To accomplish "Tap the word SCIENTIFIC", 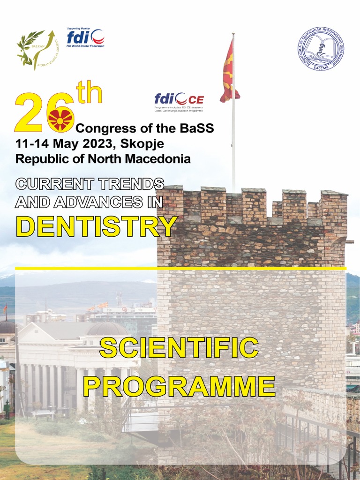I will pyautogui.click(x=179, y=348).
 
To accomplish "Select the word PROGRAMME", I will pyautogui.click(x=179, y=385).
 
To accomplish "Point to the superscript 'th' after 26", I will pyautogui.click(x=89, y=93).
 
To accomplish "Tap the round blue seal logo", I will pyautogui.click(x=321, y=49).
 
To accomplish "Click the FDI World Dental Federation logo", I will pyautogui.click(x=85, y=37).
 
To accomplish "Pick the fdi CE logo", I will pyautogui.click(x=179, y=99).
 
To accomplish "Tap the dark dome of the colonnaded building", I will pyautogui.click(x=107, y=329).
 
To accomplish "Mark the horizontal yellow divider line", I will pyautogui.click(x=180, y=268).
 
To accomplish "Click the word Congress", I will pyautogui.click(x=106, y=128).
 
